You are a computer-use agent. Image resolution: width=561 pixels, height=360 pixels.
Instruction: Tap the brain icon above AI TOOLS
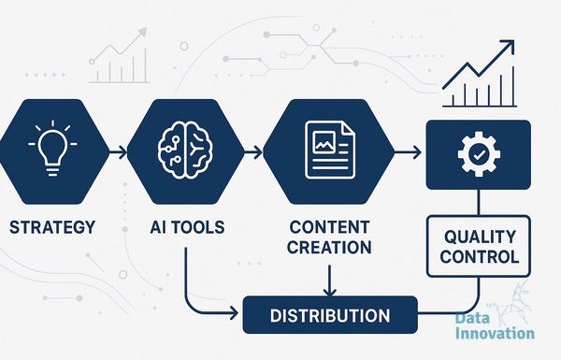pyautogui.click(x=185, y=150)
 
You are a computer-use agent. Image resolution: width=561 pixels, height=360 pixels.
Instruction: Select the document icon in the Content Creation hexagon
pyautogui.click(x=330, y=150)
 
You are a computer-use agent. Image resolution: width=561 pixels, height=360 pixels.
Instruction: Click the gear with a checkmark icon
pyautogui.click(x=479, y=154)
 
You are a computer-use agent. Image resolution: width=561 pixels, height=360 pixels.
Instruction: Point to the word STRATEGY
pyautogui.click(x=52, y=227)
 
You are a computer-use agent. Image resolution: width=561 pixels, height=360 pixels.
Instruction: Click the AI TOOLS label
pyautogui.click(x=187, y=227)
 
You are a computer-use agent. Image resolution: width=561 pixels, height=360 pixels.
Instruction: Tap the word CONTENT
pyautogui.click(x=329, y=227)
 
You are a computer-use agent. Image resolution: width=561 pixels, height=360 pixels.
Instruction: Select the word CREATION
pyautogui.click(x=329, y=247)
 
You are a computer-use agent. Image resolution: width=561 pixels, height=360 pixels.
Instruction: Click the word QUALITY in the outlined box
pyautogui.click(x=480, y=237)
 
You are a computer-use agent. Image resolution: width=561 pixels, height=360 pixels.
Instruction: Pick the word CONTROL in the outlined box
pyautogui.click(x=480, y=256)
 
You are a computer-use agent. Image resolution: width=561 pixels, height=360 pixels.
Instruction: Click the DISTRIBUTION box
pyautogui.click(x=330, y=315)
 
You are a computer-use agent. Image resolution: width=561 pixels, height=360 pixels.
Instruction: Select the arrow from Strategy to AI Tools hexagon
pyautogui.click(x=118, y=152)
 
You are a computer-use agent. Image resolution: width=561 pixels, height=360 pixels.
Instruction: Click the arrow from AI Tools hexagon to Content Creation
pyautogui.click(x=253, y=152)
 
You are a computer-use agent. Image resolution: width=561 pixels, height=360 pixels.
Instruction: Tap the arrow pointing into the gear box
pyautogui.click(x=408, y=152)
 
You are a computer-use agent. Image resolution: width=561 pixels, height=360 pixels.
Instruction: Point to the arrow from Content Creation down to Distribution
pyautogui.click(x=329, y=281)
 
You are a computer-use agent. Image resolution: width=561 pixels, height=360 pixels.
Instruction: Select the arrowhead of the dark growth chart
pyautogui.click(x=508, y=47)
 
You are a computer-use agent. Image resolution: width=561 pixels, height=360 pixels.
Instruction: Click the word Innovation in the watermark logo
pyautogui.click(x=495, y=333)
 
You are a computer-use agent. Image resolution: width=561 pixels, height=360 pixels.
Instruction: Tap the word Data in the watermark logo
pyautogui.click(x=472, y=318)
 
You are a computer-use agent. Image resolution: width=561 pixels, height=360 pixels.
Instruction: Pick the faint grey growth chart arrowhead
pyautogui.click(x=141, y=33)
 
